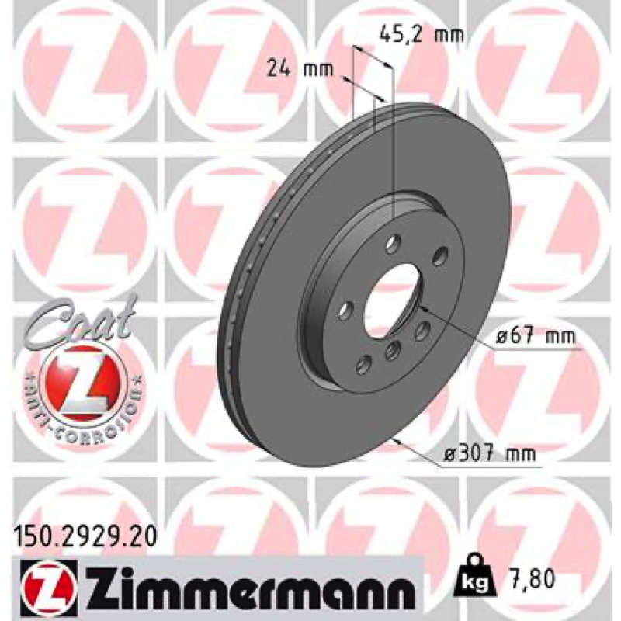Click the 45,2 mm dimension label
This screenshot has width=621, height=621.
422,35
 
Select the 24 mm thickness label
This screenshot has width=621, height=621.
300,69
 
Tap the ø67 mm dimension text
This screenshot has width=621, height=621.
536,337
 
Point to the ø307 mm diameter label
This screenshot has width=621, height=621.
490,453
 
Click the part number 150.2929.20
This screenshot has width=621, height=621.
85,537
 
